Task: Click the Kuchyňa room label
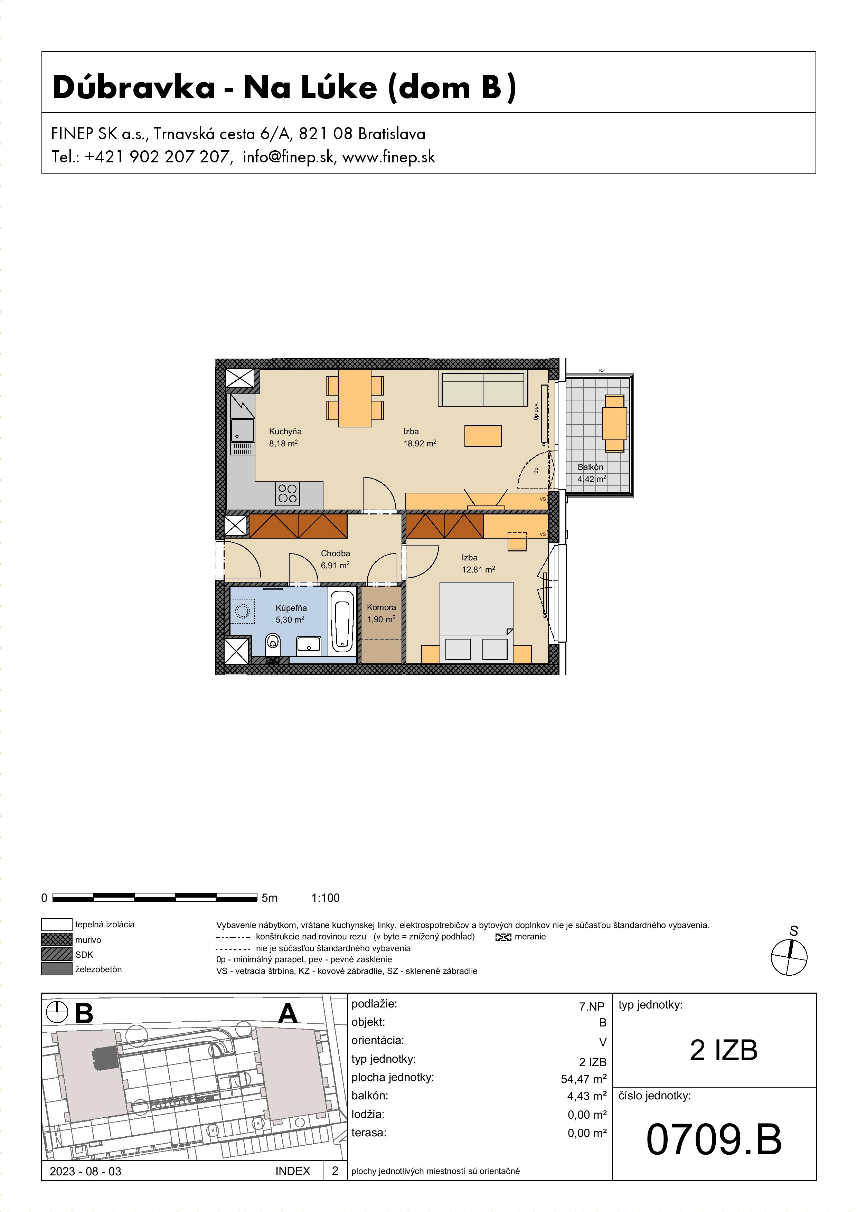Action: coord(285,431)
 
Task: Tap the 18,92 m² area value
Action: coord(420,443)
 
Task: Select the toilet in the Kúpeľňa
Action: coord(272,641)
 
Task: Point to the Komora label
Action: coord(381,607)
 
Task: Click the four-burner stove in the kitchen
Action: coord(288,494)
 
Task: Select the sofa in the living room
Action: coord(483,388)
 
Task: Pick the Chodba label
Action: coord(335,553)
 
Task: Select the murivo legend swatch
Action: coord(56,940)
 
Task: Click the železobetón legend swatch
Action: coord(56,969)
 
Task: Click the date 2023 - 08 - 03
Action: coord(86,1171)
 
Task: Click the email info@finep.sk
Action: coord(289,157)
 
